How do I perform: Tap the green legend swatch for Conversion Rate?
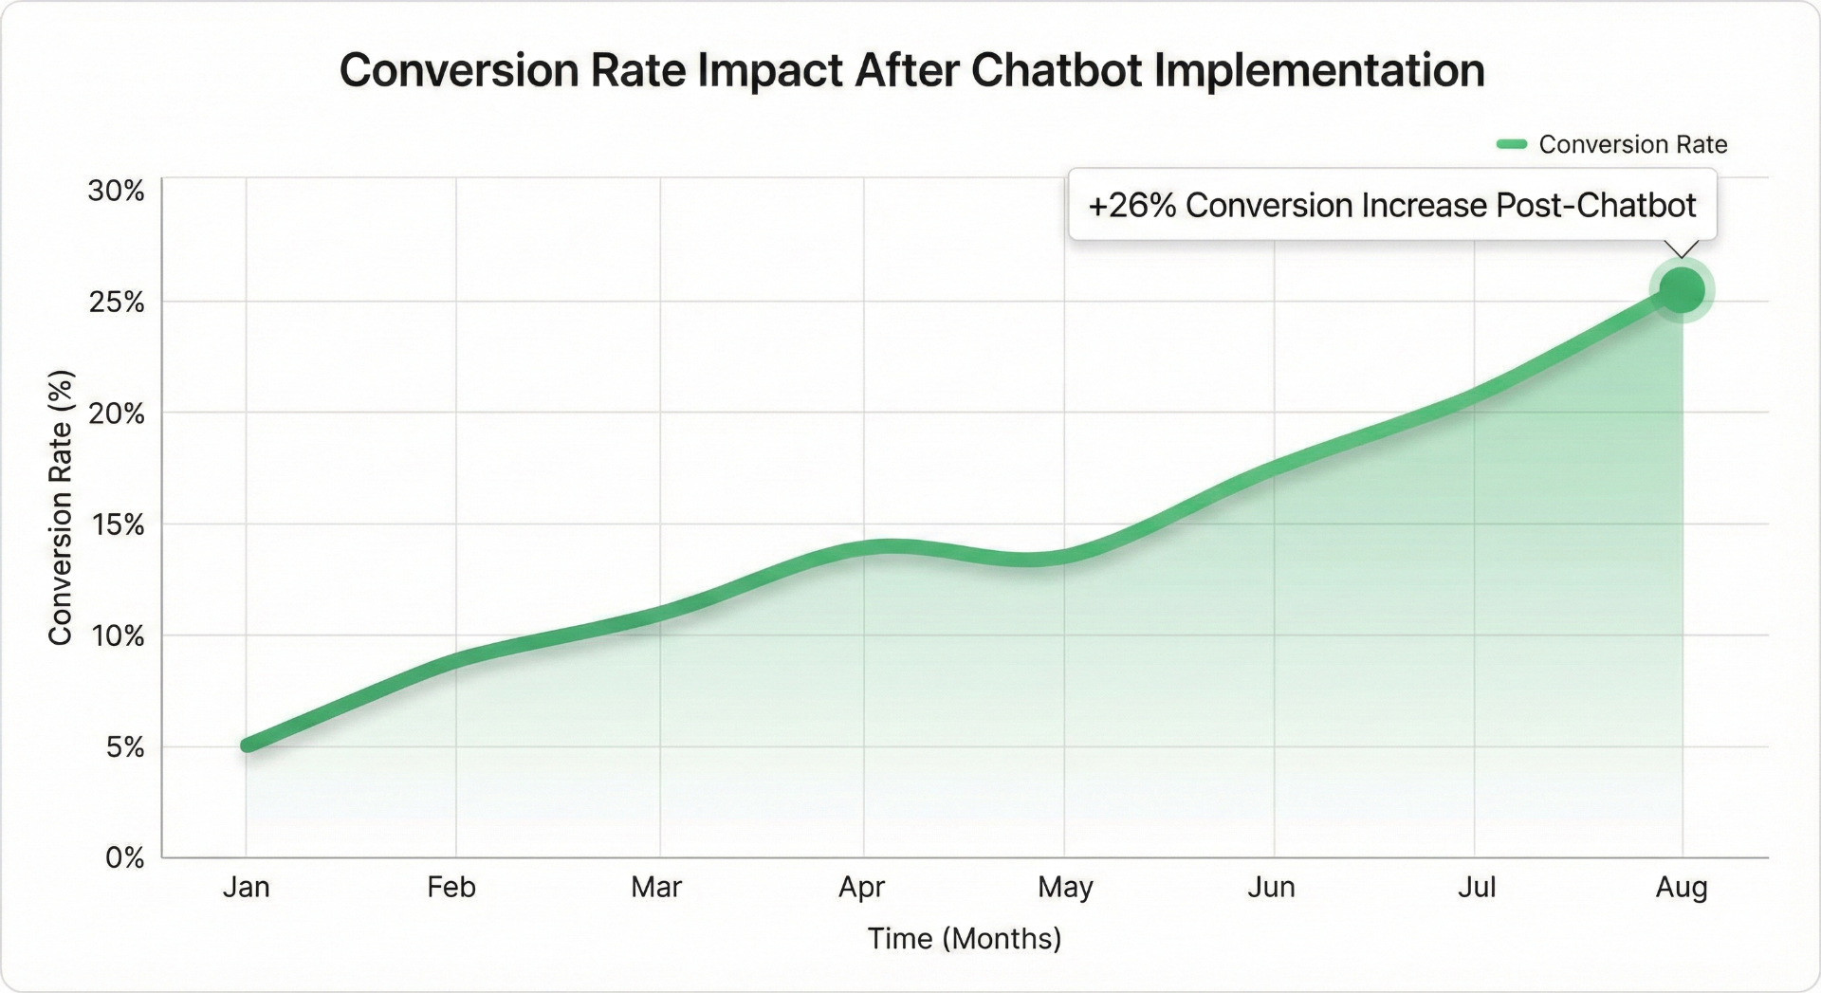tap(1511, 144)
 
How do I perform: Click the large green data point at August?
tap(1682, 290)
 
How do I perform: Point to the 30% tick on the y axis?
tap(116, 191)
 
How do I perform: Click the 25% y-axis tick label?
tap(116, 303)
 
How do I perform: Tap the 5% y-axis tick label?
tap(124, 747)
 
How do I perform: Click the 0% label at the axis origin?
tap(124, 858)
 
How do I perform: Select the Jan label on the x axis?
tap(247, 888)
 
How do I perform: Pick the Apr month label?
tap(861, 888)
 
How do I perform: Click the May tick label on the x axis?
tap(1065, 888)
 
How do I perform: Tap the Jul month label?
tap(1476, 888)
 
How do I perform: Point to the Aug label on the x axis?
tap(1682, 888)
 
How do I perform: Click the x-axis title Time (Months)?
tap(964, 939)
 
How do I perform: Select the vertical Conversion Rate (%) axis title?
tap(61, 507)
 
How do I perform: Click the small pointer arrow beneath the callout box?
tap(1682, 248)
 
